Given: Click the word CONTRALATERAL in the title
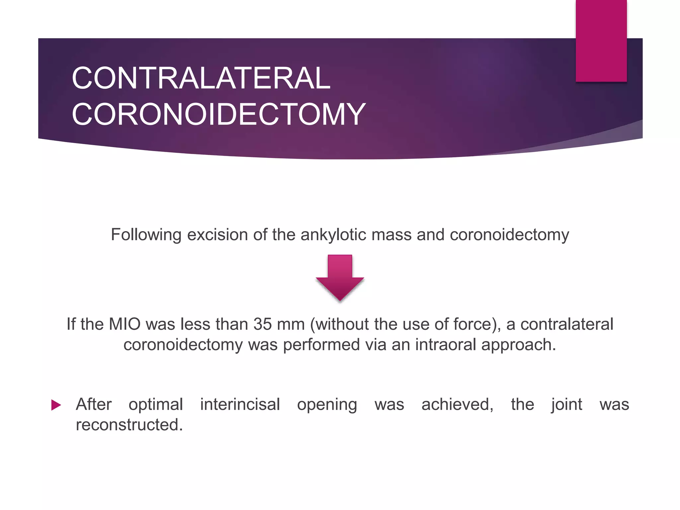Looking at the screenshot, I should [x=201, y=78].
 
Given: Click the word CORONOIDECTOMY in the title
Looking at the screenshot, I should [x=218, y=114].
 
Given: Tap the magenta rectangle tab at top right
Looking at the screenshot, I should [x=601, y=41].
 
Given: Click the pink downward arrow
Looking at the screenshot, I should [x=340, y=278].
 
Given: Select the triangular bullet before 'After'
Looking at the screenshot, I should [x=56, y=405].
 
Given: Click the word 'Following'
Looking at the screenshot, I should [x=146, y=235].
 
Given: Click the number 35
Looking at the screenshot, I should [x=262, y=324].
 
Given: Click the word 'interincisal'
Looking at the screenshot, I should [x=240, y=405].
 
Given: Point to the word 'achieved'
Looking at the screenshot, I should [x=457, y=405].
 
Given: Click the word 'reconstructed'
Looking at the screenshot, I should [x=129, y=425].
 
